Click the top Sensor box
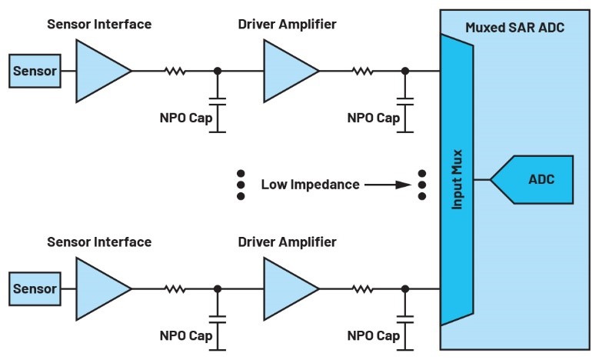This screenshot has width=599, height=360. [35, 72]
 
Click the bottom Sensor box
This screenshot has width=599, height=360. [35, 289]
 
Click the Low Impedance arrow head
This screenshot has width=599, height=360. [405, 185]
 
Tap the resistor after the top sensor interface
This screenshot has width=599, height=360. [175, 72]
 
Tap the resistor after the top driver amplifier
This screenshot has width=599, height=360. [364, 72]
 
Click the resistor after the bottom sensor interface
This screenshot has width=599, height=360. [175, 289]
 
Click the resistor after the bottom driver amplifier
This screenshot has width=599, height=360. [364, 289]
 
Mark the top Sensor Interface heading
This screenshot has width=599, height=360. [99, 25]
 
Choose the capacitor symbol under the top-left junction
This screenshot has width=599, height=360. [218, 102]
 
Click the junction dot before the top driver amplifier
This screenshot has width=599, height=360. [218, 72]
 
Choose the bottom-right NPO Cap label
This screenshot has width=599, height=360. [374, 336]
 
